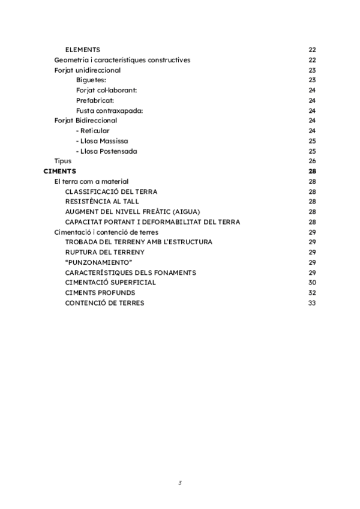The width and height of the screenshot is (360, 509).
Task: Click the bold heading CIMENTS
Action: (x=59, y=171)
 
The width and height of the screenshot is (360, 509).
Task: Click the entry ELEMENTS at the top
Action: (x=82, y=50)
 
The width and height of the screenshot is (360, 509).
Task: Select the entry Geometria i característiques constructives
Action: (x=122, y=60)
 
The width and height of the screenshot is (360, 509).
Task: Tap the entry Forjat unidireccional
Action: (x=87, y=70)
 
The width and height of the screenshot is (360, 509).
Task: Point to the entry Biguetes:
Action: (x=91, y=80)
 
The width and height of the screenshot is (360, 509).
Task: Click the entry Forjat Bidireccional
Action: (x=85, y=121)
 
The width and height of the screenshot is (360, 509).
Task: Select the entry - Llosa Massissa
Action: (x=102, y=141)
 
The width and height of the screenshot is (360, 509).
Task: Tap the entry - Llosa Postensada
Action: (x=106, y=151)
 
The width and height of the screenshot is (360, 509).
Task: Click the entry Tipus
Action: (x=62, y=161)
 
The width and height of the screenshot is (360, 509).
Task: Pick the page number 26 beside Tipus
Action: (x=312, y=161)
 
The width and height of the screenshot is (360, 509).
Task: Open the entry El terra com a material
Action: (x=91, y=181)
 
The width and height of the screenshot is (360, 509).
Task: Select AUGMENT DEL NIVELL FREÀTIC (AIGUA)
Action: (x=133, y=212)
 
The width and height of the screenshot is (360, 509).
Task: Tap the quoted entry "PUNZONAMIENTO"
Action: (x=98, y=262)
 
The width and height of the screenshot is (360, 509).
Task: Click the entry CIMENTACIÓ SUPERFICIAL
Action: (x=110, y=282)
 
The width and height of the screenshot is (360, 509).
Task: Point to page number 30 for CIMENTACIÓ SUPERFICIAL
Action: (x=312, y=282)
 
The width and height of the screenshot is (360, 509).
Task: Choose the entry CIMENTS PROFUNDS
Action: (x=100, y=292)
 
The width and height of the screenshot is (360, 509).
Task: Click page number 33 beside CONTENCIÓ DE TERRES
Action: (x=312, y=303)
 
